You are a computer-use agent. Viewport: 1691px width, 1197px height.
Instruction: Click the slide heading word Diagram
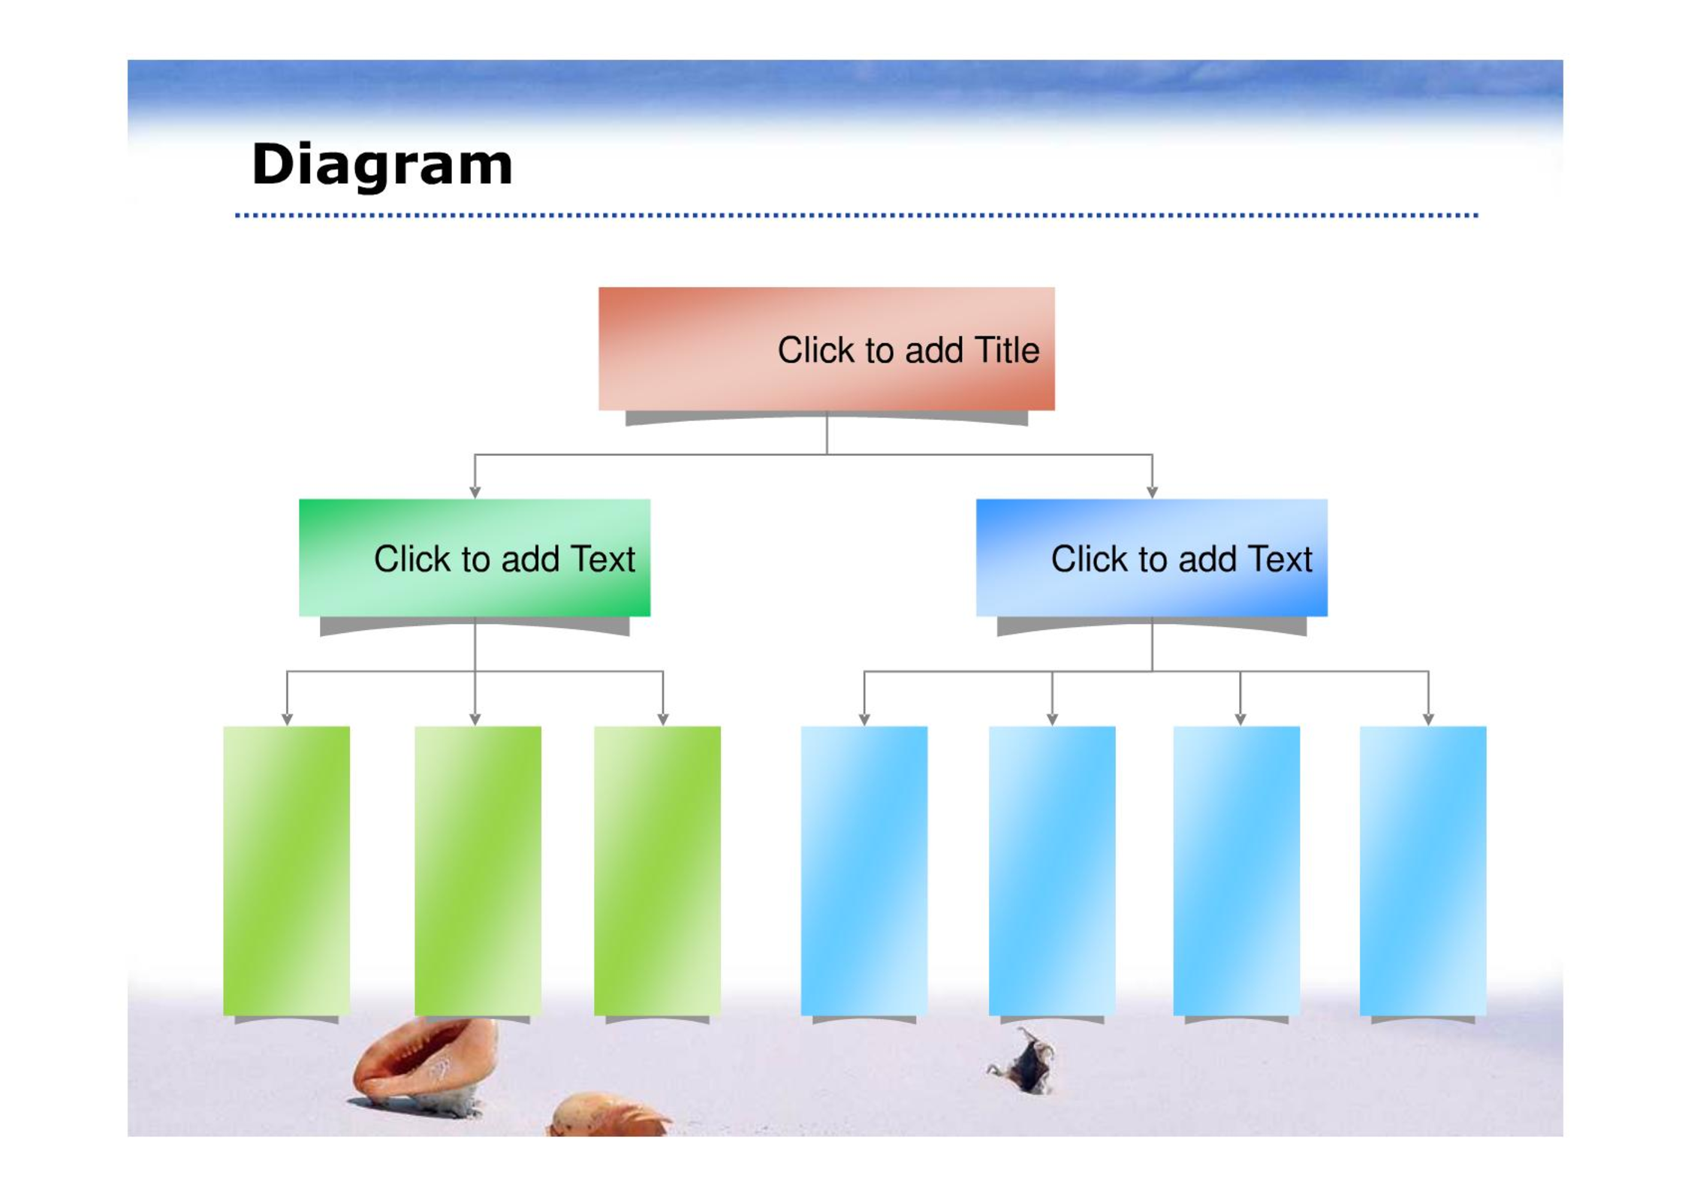381,164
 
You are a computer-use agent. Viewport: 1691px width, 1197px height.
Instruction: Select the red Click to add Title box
826,348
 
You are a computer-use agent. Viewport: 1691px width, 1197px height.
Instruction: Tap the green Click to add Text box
475,557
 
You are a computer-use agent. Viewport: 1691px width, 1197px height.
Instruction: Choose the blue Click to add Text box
1151,557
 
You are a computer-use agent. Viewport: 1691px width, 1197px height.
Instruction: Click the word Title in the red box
1006,350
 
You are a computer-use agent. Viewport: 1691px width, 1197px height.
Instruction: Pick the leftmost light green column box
286,870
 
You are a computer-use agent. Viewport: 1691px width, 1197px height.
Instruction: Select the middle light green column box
478,870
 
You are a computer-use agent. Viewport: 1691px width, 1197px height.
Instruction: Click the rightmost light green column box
657,870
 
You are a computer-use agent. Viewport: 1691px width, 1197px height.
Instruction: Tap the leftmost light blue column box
864,870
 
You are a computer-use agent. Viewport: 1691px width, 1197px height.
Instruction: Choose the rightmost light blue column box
1423,870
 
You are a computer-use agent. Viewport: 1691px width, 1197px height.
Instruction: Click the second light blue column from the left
1052,870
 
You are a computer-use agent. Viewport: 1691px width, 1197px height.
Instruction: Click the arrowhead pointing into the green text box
475,493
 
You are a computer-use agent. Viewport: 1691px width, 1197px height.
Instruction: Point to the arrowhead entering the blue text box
1152,493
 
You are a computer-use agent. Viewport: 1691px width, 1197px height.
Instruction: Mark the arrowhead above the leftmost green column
287,719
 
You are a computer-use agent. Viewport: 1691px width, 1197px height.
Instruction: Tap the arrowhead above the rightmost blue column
1428,719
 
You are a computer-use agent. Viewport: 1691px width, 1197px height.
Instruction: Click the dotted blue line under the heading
856,216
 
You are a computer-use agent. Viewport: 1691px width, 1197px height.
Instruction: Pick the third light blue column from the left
1237,870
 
